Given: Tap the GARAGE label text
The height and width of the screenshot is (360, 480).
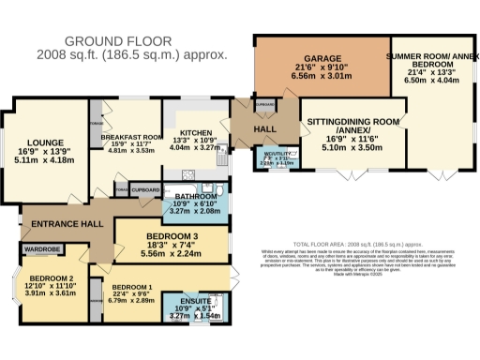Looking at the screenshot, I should click(x=321, y=59).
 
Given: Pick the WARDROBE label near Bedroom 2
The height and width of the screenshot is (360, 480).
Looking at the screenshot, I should click(x=42, y=250).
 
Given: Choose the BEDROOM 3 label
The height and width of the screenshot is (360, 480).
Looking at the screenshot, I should click(x=170, y=235).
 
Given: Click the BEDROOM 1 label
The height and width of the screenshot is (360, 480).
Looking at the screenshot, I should click(x=132, y=287).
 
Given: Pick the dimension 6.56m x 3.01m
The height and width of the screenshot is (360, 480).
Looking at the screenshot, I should click(x=321, y=80).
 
